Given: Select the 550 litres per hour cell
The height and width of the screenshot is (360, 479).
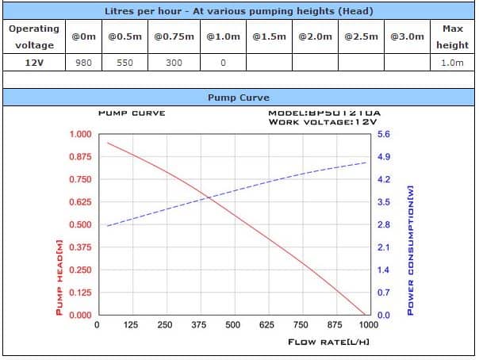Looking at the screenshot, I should click(125, 62).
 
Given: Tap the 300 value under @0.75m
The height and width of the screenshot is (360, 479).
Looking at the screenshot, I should click(174, 62).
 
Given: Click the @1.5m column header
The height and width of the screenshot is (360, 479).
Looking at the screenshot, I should click(269, 36).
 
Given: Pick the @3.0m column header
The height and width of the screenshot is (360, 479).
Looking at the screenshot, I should click(407, 36).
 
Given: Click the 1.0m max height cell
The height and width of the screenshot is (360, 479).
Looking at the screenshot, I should click(452, 62).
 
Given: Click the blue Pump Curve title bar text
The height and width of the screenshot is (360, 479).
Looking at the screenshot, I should click(239, 98).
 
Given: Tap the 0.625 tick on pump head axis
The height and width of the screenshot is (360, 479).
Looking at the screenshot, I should click(81, 202).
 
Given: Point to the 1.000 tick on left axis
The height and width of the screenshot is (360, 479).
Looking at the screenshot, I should click(81, 134).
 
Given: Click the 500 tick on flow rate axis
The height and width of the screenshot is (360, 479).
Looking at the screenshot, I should click(232, 325).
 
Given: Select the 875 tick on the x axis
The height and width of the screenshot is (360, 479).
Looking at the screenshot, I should click(334, 325).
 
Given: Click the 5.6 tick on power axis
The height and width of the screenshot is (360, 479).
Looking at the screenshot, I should click(384, 135).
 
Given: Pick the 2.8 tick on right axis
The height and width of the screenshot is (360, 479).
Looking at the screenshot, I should click(384, 225).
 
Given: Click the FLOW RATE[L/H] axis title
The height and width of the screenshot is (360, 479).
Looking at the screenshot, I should click(329, 342).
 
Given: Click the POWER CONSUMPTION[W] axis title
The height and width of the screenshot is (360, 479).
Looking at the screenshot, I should click(410, 250).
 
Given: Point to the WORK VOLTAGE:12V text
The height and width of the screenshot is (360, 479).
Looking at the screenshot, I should click(311, 122).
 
